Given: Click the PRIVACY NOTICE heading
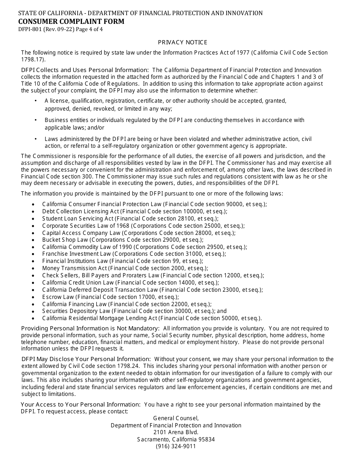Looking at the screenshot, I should pyautogui.click(x=183, y=42).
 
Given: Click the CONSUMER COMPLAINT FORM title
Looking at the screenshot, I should pyautogui.click(x=72, y=22).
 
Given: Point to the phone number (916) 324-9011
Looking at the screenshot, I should pyautogui.click(x=176, y=446).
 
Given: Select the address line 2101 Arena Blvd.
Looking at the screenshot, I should pyautogui.click(x=176, y=432).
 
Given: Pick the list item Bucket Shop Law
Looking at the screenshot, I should pyautogui.click(x=65, y=240).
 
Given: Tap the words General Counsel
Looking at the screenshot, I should pyautogui.click(x=176, y=418).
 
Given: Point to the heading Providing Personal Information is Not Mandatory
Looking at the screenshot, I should pyautogui.click(x=90, y=328).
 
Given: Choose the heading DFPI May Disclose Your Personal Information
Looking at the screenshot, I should pyautogui.click(x=86, y=359).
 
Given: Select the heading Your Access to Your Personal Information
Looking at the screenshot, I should pyautogui.click(x=80, y=405).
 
